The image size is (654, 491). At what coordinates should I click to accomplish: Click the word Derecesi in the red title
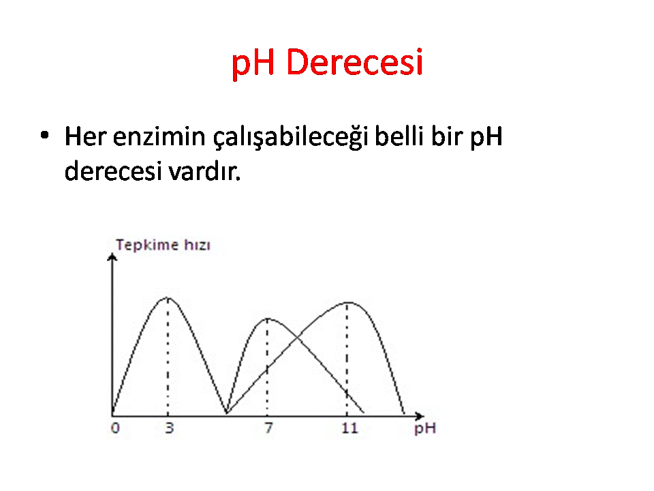[x=355, y=62]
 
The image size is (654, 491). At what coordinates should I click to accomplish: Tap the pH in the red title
[x=253, y=64]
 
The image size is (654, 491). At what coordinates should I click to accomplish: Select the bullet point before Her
[x=45, y=135]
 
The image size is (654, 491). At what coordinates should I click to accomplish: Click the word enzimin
[x=159, y=136]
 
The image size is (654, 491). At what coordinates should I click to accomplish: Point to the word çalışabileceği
[x=291, y=137]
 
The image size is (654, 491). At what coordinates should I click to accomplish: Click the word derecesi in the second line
[x=113, y=170]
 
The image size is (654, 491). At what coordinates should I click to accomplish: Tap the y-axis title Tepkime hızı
[x=163, y=245]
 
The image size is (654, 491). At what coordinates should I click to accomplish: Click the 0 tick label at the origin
[x=116, y=428]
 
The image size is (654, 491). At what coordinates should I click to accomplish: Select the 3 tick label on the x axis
[x=169, y=428]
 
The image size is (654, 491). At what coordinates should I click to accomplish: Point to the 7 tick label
[x=268, y=428]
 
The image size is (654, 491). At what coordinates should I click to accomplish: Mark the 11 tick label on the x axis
[x=349, y=428]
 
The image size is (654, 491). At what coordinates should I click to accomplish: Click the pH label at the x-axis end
[x=425, y=429]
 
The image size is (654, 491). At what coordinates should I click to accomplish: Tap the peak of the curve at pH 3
[x=168, y=298]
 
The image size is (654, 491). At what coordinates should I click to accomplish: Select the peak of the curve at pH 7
[x=267, y=319]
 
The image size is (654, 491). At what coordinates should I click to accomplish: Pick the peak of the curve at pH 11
[x=347, y=302]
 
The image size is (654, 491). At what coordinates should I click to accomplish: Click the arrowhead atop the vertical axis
[x=112, y=257]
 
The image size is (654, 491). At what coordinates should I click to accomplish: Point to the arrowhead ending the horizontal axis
[x=420, y=416]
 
